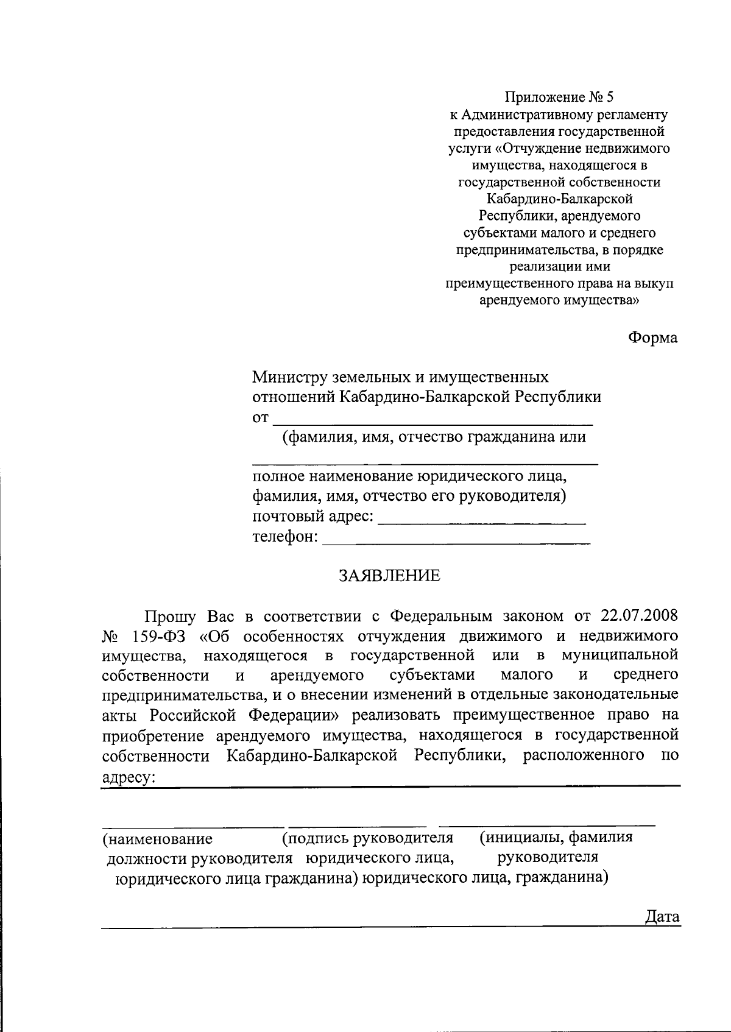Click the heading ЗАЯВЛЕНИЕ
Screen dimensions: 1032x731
point(389,576)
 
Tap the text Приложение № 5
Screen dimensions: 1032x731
point(560,97)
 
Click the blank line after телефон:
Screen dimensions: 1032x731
point(456,541)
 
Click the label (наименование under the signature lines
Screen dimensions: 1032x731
point(158,839)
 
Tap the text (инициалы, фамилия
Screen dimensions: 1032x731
point(556,837)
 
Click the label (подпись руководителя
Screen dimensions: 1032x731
point(368,838)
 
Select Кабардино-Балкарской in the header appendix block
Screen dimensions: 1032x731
point(560,199)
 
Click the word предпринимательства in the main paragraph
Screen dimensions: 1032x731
point(181,694)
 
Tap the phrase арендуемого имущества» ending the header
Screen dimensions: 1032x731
point(560,300)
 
